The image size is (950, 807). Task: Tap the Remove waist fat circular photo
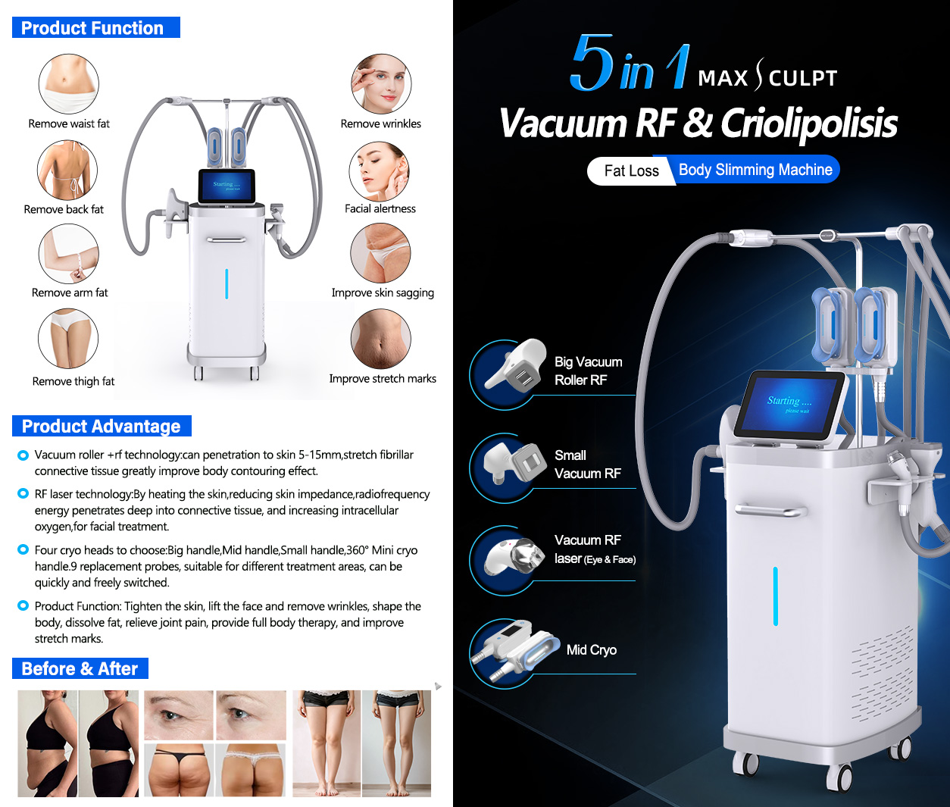(69, 83)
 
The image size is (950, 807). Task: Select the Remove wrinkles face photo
(381, 83)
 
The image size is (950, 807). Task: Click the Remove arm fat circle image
(69, 254)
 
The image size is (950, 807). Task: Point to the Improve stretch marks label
(383, 378)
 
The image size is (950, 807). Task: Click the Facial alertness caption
(380, 208)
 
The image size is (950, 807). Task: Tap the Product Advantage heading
(102, 426)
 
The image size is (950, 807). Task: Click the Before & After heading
(80, 668)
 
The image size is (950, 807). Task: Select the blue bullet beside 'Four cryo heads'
(23, 549)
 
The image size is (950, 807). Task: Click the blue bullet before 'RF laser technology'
(23, 493)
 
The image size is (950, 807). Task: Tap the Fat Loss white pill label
(630, 170)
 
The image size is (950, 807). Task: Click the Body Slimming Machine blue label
(755, 170)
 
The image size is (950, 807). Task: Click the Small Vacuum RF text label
(587, 464)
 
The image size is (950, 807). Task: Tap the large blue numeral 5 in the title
(592, 63)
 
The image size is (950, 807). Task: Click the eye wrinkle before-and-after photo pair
(215, 715)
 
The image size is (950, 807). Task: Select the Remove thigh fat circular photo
(69, 339)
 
